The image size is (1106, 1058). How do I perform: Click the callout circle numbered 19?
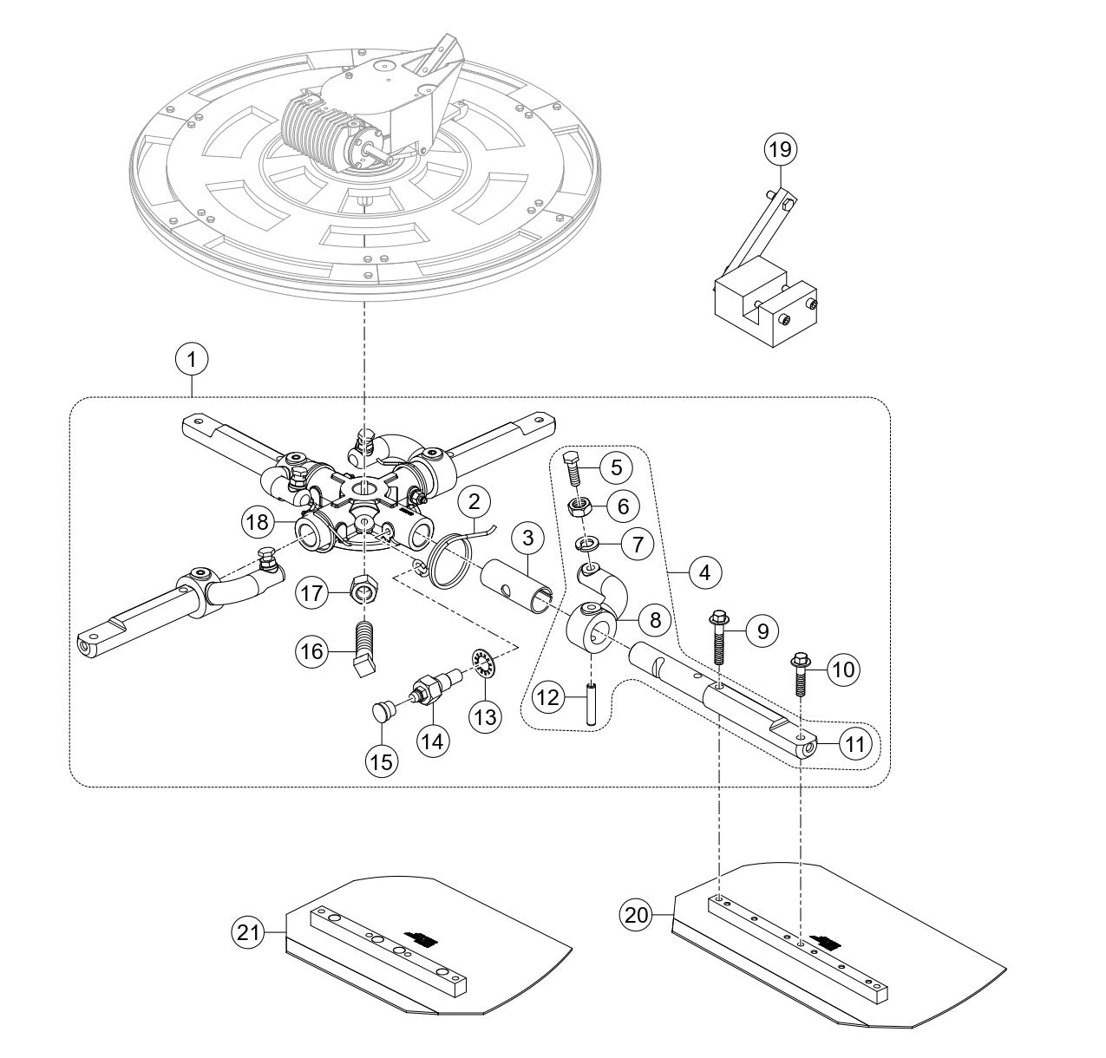point(779,149)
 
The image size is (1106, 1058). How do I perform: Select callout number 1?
point(192,356)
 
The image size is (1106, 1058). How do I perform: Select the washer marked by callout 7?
point(587,545)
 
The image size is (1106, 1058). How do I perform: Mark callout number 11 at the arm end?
point(854,743)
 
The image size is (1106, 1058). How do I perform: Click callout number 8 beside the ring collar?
point(655,620)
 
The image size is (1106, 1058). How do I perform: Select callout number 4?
point(704,573)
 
